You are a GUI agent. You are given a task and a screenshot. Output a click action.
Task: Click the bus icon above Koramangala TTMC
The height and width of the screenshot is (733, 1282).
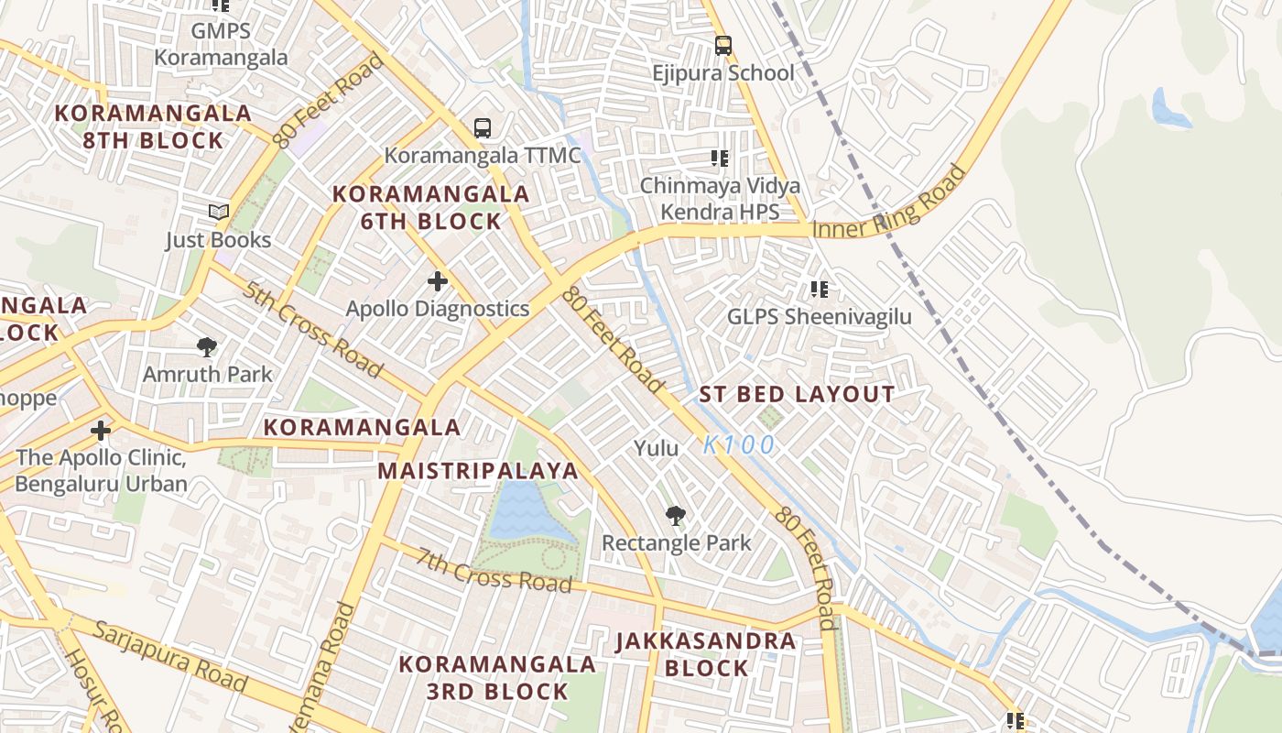click(x=483, y=128)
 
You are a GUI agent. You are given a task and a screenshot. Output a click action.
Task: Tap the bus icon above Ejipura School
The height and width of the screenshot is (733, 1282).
click(x=722, y=45)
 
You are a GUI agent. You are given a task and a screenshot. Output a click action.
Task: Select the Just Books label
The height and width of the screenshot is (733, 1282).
click(x=218, y=240)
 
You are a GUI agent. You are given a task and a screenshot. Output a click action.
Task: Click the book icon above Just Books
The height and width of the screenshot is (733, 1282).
click(x=218, y=213)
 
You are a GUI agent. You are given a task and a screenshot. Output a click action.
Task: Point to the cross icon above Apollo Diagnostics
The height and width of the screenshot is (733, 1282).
click(x=438, y=281)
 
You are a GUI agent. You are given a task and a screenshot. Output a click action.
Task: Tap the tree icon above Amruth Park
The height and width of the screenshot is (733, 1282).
click(x=207, y=346)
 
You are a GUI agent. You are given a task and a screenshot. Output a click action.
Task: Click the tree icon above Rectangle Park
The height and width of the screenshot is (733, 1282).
click(x=676, y=516)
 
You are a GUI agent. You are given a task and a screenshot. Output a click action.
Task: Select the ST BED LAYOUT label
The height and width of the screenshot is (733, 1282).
click(x=797, y=395)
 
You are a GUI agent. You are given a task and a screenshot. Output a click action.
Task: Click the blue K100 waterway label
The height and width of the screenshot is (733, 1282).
click(x=739, y=445)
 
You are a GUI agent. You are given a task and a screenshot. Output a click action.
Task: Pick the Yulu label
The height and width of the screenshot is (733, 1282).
click(x=657, y=448)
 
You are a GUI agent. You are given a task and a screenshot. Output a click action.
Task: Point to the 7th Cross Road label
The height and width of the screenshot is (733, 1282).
click(x=494, y=570)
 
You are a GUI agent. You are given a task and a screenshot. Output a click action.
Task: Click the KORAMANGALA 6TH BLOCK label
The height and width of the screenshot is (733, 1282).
click(x=430, y=207)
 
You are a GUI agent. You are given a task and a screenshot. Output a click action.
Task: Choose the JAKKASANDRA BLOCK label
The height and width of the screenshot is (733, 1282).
click(x=705, y=654)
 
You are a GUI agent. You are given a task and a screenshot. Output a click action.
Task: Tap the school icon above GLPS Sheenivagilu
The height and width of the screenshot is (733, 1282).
click(x=819, y=290)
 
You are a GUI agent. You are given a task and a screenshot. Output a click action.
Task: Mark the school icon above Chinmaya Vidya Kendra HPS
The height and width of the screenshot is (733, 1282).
click(x=720, y=159)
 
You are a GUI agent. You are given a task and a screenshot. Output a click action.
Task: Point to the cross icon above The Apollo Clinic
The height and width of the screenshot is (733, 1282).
click(x=101, y=430)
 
